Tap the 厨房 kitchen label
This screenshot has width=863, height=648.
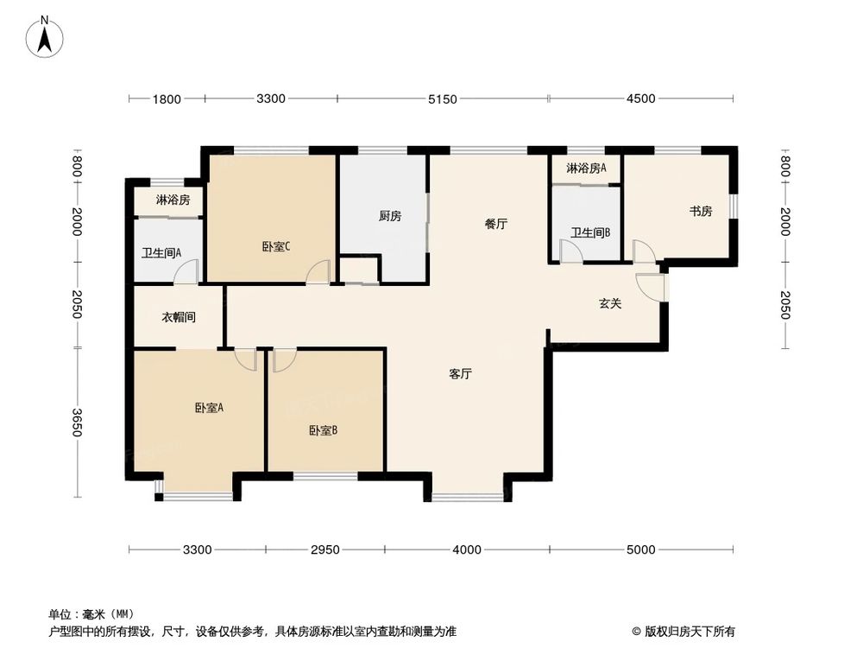coord(390,216)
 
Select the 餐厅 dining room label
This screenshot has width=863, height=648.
coord(495,224)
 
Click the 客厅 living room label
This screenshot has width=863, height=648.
coord(460,374)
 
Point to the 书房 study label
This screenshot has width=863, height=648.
coord(700,211)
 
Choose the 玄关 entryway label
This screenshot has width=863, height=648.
coord(611,303)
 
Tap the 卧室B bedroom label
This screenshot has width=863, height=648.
coord(323,429)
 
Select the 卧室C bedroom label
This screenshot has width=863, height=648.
coord(275,246)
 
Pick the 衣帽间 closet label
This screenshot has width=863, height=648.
coord(179,317)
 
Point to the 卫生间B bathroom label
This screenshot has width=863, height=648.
coord(591,232)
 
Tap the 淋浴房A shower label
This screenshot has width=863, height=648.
coord(586,168)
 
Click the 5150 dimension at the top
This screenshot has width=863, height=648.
coord(442,99)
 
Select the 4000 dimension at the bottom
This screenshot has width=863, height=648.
coord(466,550)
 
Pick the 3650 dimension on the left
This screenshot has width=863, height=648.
coord(77,422)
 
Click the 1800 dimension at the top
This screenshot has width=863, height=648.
coord(167,99)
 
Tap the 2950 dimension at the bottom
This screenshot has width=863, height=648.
coord(325,550)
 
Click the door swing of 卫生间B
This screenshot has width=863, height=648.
coord(570,251)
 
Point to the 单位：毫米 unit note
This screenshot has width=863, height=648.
coord(90,614)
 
